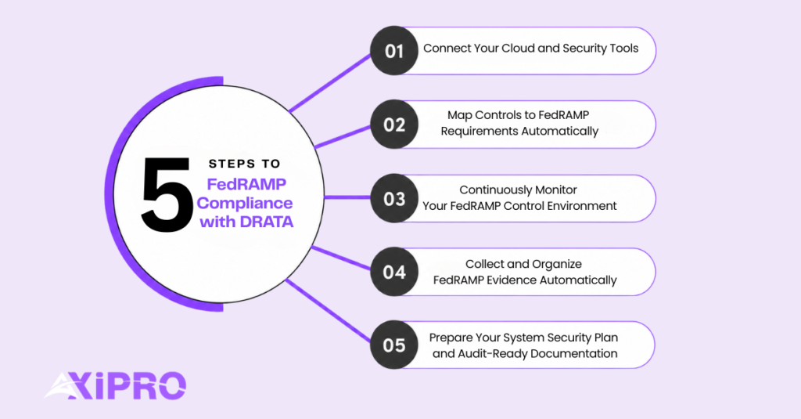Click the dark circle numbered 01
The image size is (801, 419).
[x=394, y=51]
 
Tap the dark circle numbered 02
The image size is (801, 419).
[x=394, y=125]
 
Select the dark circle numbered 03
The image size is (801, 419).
[x=394, y=198]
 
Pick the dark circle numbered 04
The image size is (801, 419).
[x=394, y=272]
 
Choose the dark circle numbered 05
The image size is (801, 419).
[x=394, y=345]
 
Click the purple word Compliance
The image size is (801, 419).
[x=245, y=203]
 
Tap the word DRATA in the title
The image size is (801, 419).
[x=267, y=222]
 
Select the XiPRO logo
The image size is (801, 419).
[x=116, y=386]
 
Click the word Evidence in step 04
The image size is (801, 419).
[x=512, y=280]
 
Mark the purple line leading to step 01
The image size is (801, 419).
[x=330, y=83]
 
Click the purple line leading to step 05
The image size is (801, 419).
[x=328, y=310]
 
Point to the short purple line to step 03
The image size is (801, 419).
[x=347, y=197]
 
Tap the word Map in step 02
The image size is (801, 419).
[x=459, y=116]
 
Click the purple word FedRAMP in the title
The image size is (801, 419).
[x=246, y=184]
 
